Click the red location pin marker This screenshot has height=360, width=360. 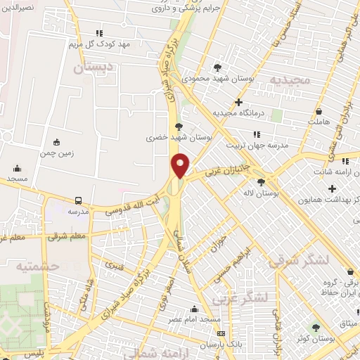(x=180, y=165)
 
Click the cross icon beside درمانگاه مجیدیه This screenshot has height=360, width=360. (x=238, y=103)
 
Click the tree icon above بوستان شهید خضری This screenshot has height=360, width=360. (x=178, y=127)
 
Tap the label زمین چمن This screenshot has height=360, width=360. (x=56, y=152)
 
